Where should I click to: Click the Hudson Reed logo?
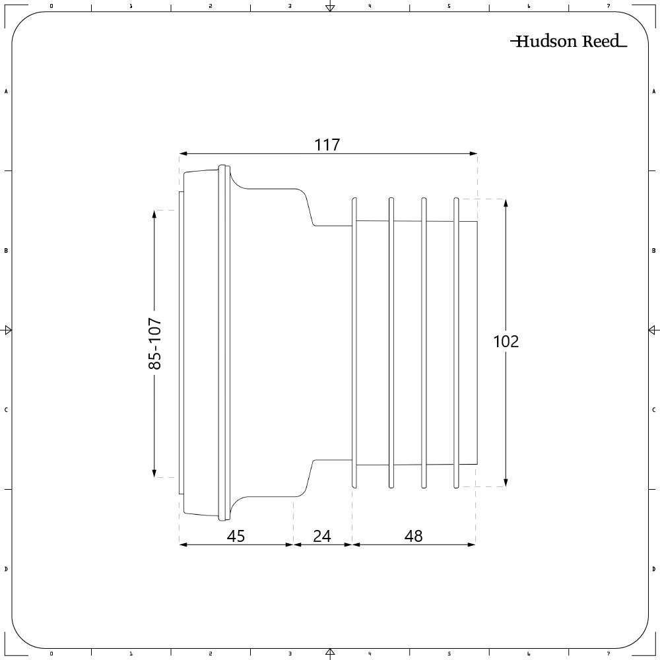click(x=569, y=42)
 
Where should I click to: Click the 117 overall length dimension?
click(x=327, y=145)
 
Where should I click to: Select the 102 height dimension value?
click(x=506, y=341)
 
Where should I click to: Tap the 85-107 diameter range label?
click(x=154, y=343)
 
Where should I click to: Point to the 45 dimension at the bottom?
click(x=236, y=536)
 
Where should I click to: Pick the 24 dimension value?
click(x=322, y=536)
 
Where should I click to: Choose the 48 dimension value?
click(x=414, y=536)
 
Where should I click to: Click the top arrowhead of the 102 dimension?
click(x=506, y=203)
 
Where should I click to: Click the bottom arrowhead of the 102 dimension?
click(x=506, y=483)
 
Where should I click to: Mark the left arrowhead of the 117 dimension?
click(x=183, y=154)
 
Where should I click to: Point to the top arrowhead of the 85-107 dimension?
click(x=154, y=214)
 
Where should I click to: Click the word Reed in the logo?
click(x=601, y=42)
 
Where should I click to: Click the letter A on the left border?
click(x=6, y=92)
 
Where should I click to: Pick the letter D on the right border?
click(x=653, y=569)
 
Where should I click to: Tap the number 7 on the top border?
click(x=609, y=6)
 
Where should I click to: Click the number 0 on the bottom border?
click(x=51, y=654)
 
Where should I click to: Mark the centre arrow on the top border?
click(x=330, y=7)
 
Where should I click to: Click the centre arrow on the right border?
click(x=652, y=329)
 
